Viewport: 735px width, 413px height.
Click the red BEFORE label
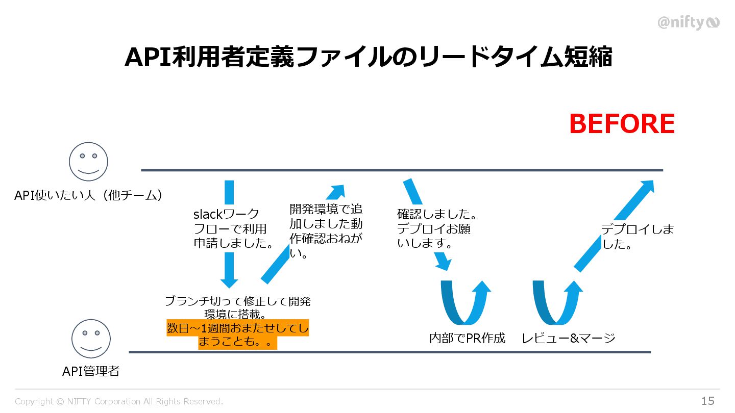[622, 124]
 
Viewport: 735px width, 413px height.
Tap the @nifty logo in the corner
[688, 22]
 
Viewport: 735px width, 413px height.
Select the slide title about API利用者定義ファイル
[368, 57]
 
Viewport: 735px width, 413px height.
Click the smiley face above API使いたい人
[88, 162]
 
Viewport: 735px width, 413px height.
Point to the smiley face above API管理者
[91, 339]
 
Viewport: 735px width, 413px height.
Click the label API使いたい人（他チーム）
[88, 195]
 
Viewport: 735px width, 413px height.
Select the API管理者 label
[91, 371]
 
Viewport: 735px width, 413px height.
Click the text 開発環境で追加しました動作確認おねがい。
[326, 231]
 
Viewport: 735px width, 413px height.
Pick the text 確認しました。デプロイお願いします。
[437, 228]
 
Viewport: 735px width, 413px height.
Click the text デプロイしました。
[637, 237]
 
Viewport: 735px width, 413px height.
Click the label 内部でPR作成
[467, 338]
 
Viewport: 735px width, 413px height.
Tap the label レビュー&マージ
[568, 338]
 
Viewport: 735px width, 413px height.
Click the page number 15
[707, 401]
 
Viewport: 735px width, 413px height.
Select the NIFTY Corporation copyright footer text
[119, 401]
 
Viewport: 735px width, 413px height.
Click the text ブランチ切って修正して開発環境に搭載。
[237, 307]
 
